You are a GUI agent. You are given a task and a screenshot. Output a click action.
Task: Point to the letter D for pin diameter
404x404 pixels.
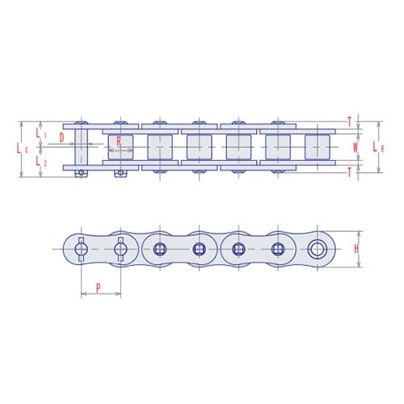[62, 137]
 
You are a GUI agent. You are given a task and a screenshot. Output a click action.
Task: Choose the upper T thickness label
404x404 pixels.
[349, 122]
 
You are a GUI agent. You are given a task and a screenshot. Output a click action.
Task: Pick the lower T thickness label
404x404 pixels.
[349, 172]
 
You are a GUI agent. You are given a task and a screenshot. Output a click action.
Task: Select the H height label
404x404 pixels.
[356, 249]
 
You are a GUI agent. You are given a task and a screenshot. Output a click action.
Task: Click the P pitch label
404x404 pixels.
[99, 287]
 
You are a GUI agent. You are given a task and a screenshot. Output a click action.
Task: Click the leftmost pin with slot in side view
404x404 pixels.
[81, 249]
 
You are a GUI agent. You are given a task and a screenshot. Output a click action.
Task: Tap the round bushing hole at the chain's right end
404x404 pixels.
[317, 249]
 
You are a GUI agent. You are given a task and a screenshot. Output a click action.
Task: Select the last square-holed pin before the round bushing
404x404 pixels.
[278, 249]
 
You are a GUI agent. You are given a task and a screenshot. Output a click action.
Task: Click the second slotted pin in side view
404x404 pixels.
[120, 249]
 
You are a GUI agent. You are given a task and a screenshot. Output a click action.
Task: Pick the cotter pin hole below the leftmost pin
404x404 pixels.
[81, 172]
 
